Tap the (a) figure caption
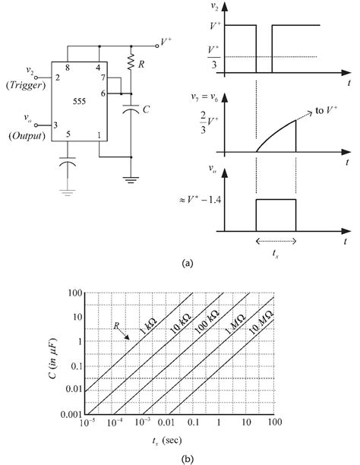(187, 264)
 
